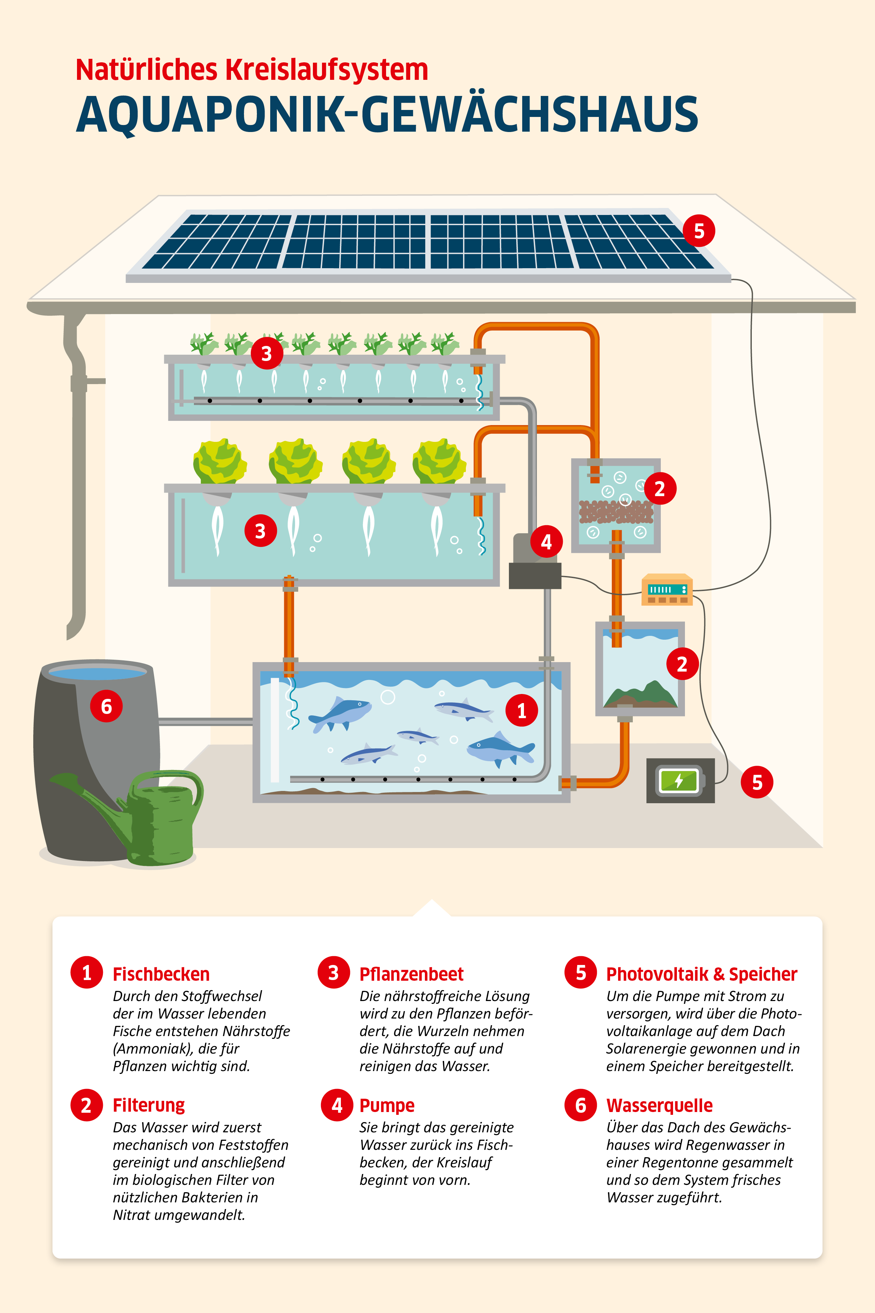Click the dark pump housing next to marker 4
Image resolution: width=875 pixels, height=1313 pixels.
click(534, 575)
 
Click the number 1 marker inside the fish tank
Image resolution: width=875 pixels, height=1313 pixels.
click(522, 711)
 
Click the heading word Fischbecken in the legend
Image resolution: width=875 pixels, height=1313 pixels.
click(161, 974)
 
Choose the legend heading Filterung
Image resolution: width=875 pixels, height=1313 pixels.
click(149, 1105)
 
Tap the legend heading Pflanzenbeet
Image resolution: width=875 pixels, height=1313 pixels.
click(411, 974)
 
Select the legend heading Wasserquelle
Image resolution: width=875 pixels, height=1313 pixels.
click(660, 1105)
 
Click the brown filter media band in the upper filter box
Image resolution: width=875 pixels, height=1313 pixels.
click(616, 511)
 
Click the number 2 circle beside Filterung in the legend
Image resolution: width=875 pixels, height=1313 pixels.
click(86, 1105)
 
